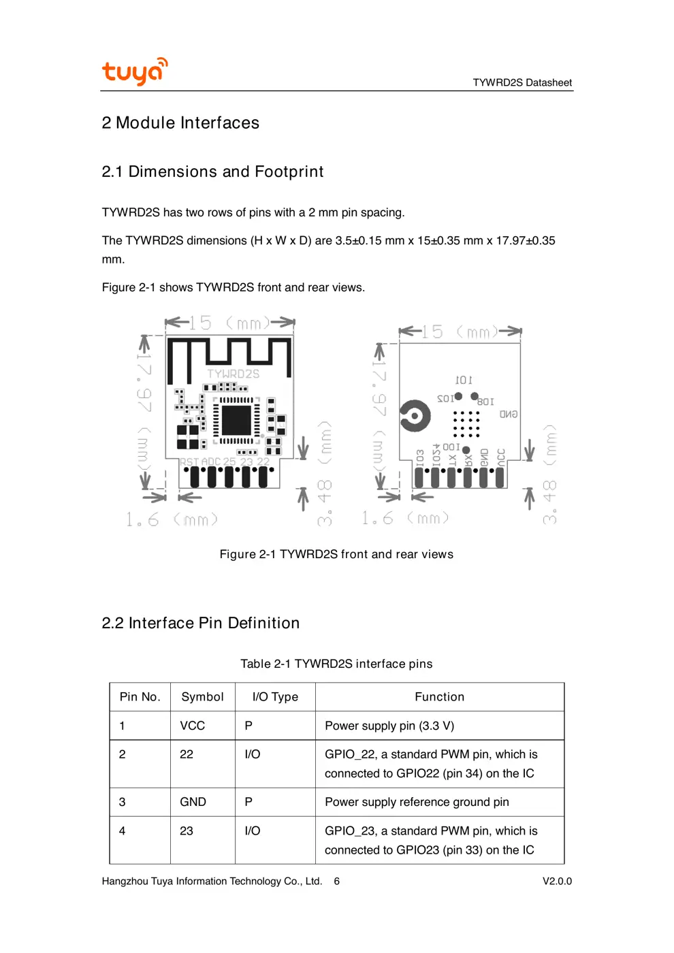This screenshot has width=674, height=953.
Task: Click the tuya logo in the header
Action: (134, 71)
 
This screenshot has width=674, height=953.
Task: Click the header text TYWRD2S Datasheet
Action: (522, 82)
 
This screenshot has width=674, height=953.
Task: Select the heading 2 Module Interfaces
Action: (180, 123)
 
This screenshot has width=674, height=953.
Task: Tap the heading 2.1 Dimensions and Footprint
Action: (212, 172)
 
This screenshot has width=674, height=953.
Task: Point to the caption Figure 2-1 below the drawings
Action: (336, 554)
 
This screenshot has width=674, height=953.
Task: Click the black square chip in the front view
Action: (236, 419)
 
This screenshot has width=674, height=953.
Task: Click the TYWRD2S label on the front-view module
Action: (233, 374)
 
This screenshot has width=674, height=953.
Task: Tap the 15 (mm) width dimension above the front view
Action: (229, 323)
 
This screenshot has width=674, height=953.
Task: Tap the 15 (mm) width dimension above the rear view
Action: (460, 332)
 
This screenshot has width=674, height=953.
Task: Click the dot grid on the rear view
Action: (466, 423)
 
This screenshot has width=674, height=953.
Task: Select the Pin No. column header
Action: (140, 697)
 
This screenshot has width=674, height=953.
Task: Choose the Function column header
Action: (439, 697)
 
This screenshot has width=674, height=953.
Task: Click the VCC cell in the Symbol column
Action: (193, 726)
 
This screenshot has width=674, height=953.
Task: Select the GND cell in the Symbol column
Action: (193, 802)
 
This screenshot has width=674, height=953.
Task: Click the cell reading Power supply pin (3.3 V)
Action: (389, 726)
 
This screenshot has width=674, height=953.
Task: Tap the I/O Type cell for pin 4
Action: (253, 830)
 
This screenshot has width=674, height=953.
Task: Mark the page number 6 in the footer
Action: (336, 881)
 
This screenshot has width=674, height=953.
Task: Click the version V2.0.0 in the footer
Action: (557, 881)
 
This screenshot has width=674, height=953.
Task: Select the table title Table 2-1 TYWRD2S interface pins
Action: (336, 664)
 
